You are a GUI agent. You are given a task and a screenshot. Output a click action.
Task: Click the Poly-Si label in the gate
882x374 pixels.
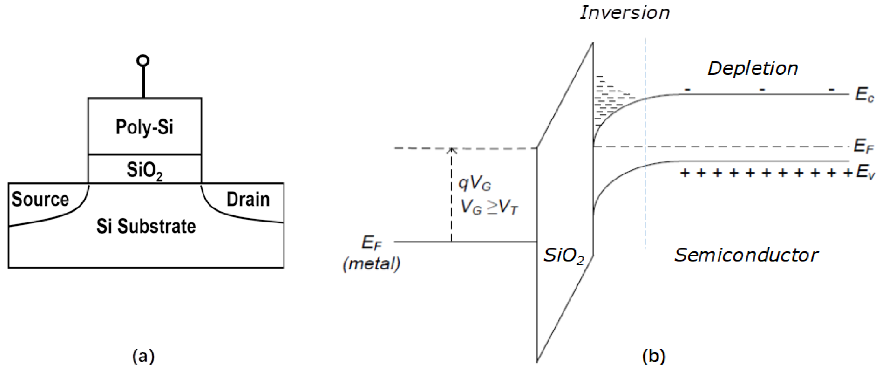(144, 128)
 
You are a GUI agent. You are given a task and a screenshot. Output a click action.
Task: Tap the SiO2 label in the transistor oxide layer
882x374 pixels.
(144, 170)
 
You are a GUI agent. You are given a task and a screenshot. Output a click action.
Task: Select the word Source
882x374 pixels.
(40, 199)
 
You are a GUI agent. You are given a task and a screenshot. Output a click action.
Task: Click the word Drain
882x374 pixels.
(248, 199)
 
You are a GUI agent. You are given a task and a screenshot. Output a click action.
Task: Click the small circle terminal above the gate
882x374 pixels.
(143, 61)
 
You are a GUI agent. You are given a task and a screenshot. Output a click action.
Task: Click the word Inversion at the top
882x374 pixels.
(625, 13)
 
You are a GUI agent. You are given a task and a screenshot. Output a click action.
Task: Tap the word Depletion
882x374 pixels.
(753, 69)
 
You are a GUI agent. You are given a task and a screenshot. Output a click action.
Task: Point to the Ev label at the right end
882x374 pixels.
(865, 172)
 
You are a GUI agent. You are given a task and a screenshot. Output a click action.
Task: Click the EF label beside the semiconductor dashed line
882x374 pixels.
(863, 146)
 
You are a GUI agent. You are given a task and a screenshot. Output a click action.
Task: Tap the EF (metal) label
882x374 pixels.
(372, 253)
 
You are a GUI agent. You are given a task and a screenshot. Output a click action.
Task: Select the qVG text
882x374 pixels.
(475, 184)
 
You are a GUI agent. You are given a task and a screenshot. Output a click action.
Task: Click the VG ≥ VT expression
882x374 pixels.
(489, 207)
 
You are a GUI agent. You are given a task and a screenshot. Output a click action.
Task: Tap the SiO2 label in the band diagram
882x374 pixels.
(564, 256)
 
